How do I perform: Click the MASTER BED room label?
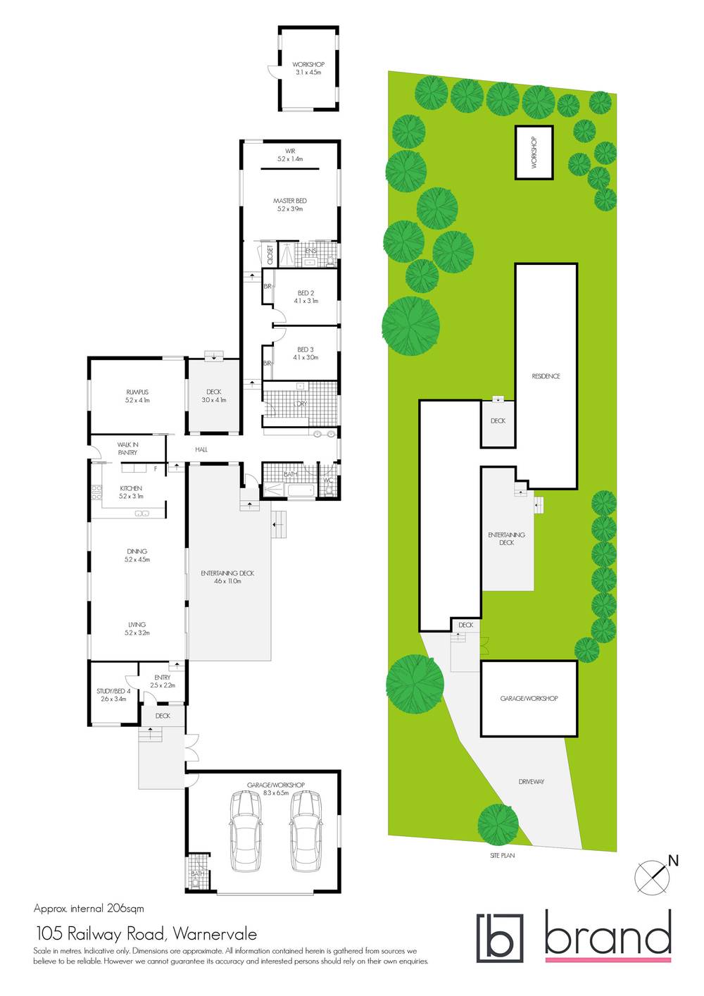click(x=289, y=201)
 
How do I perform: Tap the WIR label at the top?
click(x=289, y=151)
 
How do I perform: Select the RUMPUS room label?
click(x=137, y=392)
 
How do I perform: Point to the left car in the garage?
click(x=246, y=831)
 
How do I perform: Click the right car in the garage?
click(x=306, y=831)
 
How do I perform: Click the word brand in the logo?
click(x=608, y=935)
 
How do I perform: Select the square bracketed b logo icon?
click(x=500, y=938)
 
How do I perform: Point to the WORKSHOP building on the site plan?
click(x=534, y=152)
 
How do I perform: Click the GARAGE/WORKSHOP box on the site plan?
click(x=529, y=699)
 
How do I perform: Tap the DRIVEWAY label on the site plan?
click(x=531, y=782)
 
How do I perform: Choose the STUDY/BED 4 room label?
click(x=113, y=692)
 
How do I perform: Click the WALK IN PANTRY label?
click(x=127, y=449)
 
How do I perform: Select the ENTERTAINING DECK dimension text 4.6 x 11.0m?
click(x=227, y=582)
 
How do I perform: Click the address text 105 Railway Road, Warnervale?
click(x=146, y=934)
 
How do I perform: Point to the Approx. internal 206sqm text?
click(x=89, y=909)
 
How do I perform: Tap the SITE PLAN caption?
click(x=503, y=856)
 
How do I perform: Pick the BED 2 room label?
click(x=306, y=293)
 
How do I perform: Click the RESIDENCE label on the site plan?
click(x=546, y=377)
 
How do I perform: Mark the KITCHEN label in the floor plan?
click(x=131, y=488)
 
